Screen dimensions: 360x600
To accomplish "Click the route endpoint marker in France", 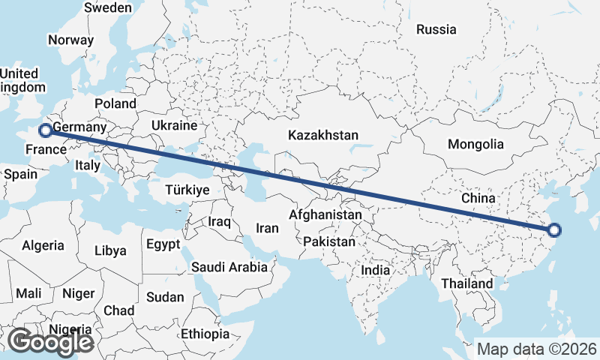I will click(45, 130).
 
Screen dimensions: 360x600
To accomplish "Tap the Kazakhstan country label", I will click(323, 136).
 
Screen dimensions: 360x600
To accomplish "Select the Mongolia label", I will click(475, 144).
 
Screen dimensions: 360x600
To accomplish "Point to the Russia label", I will click(436, 30).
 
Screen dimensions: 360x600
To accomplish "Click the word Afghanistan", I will click(325, 215).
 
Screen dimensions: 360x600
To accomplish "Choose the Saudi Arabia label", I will click(229, 267).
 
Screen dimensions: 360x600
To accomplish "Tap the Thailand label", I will click(467, 283).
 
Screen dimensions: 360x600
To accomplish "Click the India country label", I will click(375, 270).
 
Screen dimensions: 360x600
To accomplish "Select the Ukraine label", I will click(174, 125).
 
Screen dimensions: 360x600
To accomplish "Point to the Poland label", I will click(115, 103).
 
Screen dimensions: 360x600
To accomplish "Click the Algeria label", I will click(43, 245).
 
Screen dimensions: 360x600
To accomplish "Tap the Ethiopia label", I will click(205, 334).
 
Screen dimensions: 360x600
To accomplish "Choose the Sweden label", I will click(108, 7).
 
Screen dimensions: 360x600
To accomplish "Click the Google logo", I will click(50, 342).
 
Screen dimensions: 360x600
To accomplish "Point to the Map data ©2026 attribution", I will click(537, 349).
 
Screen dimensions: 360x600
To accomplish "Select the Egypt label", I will click(163, 244).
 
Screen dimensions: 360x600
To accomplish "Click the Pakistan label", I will click(329, 242).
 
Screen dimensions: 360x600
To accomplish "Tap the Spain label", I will click(20, 174).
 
